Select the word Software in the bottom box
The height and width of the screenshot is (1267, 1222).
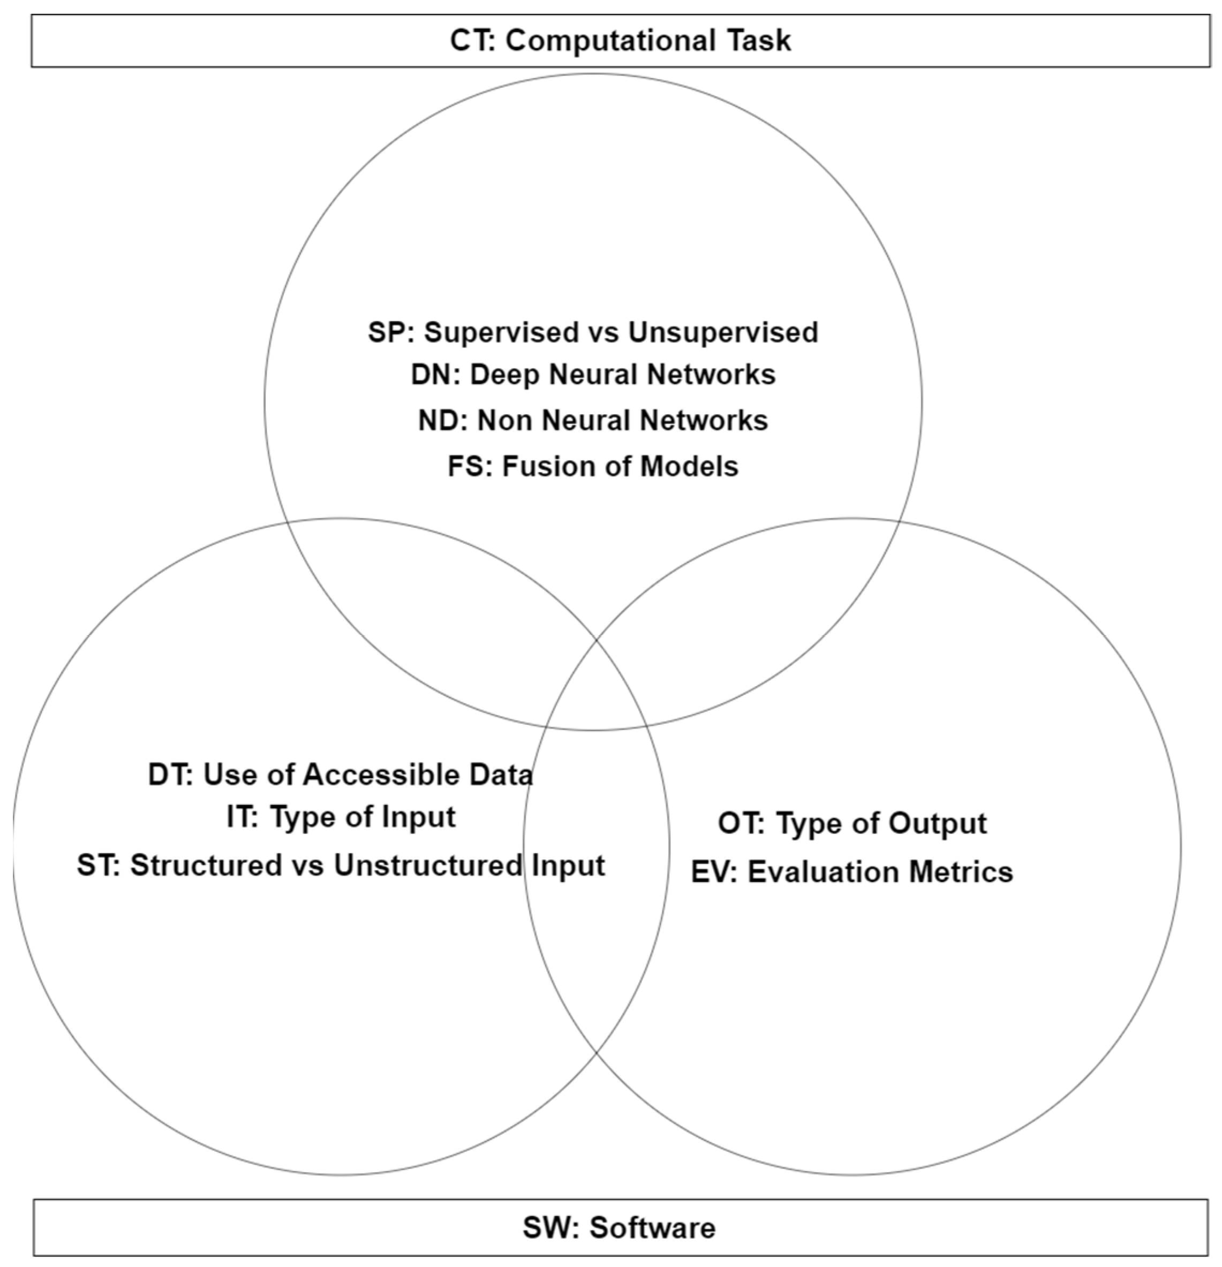(x=652, y=1227)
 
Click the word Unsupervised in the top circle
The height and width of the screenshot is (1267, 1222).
(x=723, y=332)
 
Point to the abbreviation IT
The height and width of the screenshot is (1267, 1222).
(x=241, y=817)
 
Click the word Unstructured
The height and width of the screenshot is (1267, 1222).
(x=427, y=865)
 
